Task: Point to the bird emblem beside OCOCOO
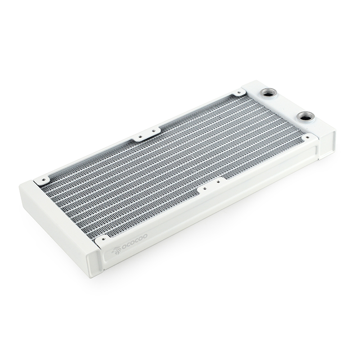coord(116,251)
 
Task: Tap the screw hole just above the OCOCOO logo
coord(103,239)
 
